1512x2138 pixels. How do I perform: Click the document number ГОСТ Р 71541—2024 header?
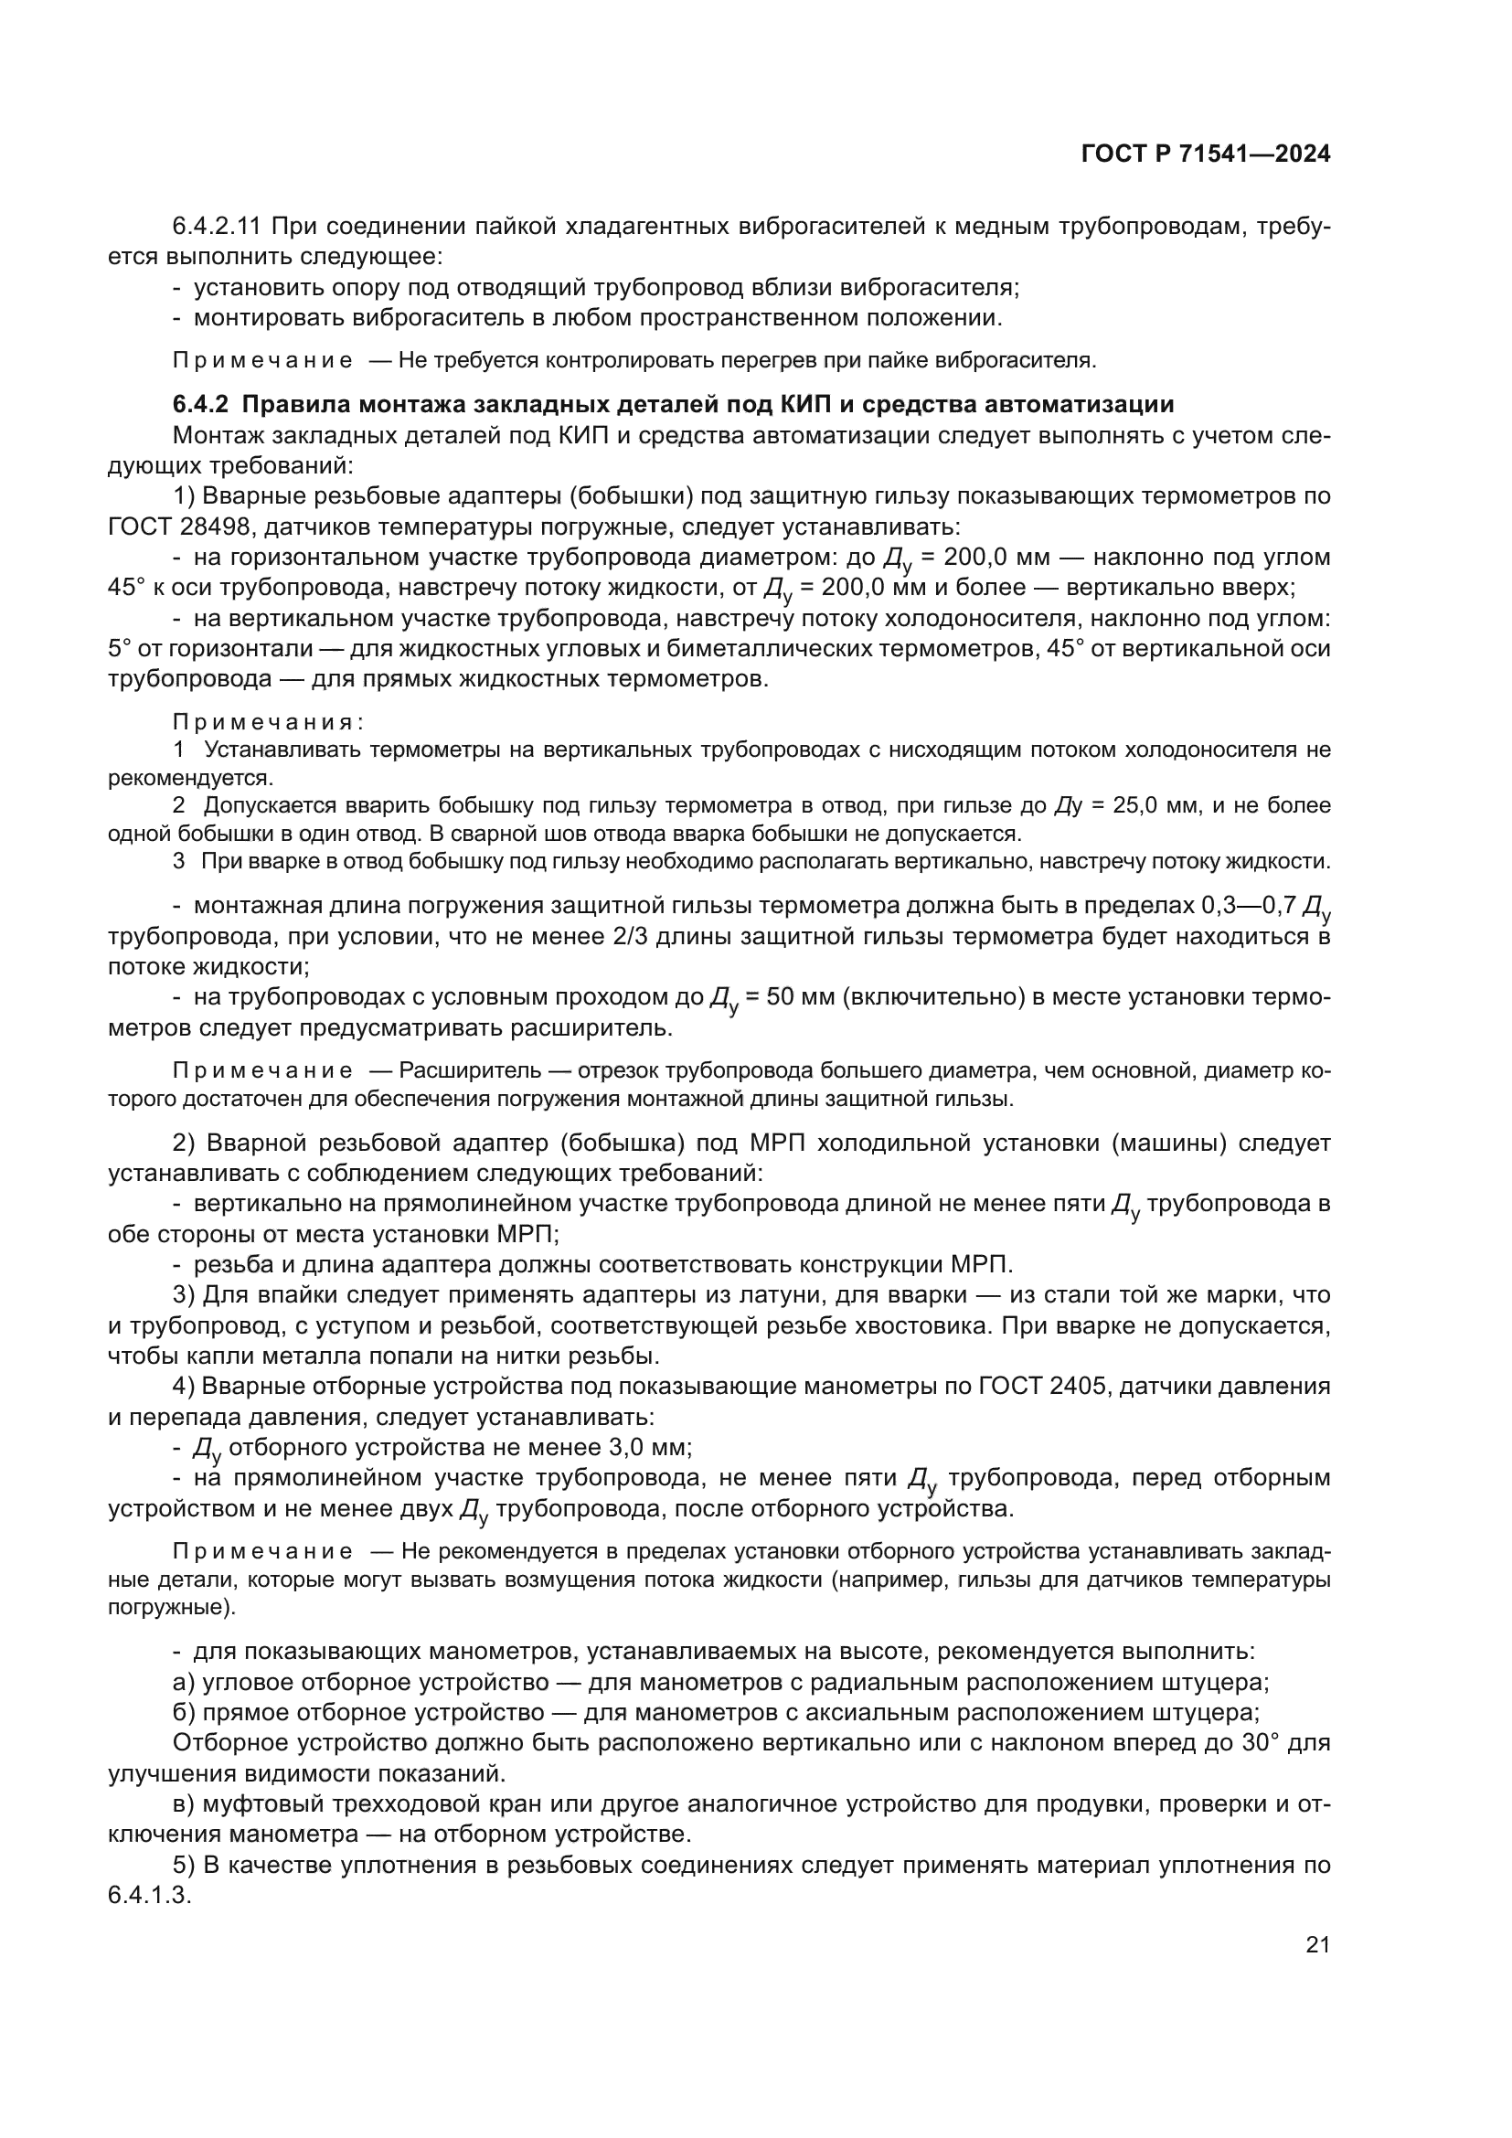[x=1206, y=154]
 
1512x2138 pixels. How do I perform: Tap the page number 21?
[x=1317, y=1944]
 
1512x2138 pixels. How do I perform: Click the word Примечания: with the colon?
[x=268, y=723]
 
